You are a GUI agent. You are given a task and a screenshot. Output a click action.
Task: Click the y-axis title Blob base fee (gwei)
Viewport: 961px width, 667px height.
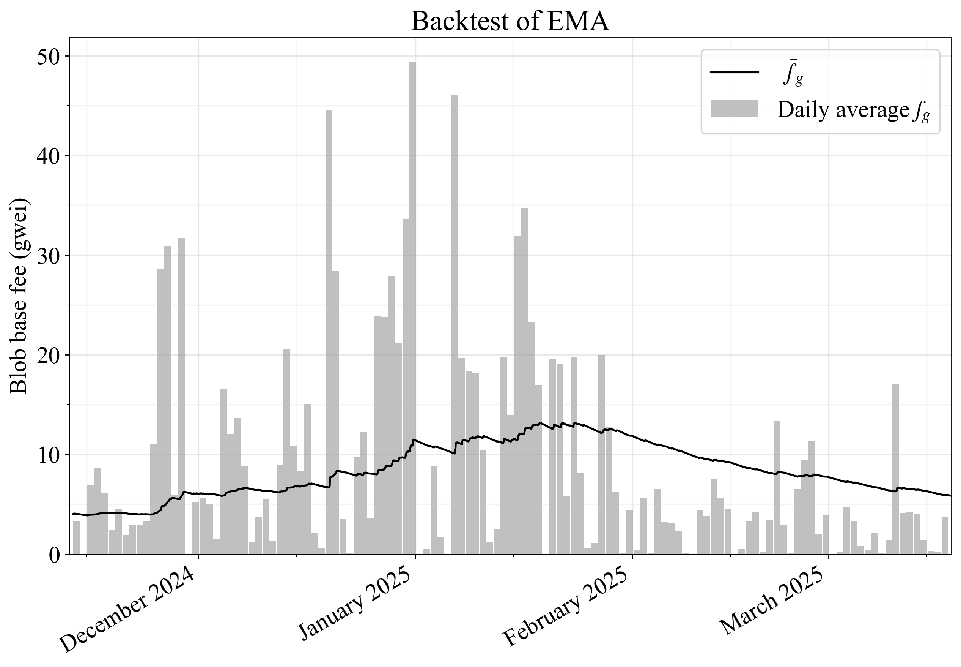pyautogui.click(x=19, y=296)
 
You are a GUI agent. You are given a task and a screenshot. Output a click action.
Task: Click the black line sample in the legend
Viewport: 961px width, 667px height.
pyautogui.click(x=734, y=73)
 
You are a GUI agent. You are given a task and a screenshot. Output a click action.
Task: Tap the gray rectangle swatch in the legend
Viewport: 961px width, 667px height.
pyautogui.click(x=734, y=109)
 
